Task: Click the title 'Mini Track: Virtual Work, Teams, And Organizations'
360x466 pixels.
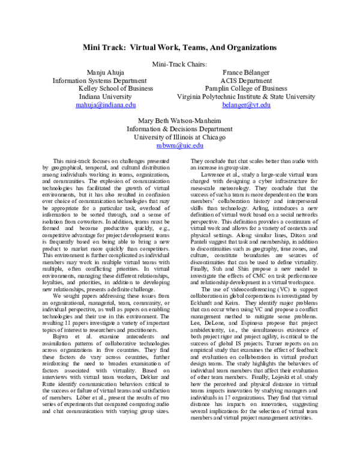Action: click(x=180, y=46)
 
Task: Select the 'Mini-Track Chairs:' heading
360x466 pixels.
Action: click(x=180, y=64)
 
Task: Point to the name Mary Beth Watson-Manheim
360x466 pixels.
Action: click(x=180, y=120)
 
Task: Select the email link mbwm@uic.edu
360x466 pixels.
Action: click(x=180, y=145)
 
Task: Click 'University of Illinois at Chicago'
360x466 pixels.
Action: click(x=180, y=137)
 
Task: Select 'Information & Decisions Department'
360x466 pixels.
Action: click(x=180, y=129)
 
